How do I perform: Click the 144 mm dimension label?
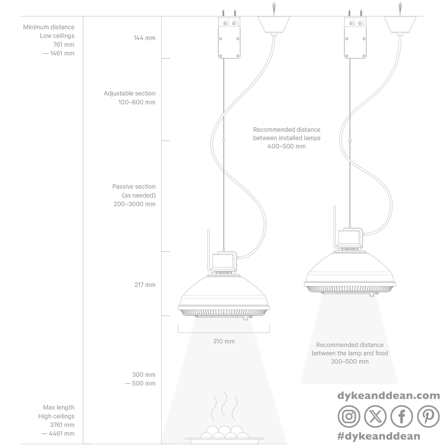click(144, 38)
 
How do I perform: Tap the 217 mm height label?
click(145, 285)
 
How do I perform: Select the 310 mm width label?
click(224, 341)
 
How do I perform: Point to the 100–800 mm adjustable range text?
click(137, 102)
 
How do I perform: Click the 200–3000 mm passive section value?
click(134, 204)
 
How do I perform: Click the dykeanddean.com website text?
click(389, 396)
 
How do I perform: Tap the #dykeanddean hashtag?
click(379, 436)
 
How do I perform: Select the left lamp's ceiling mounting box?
click(229, 37)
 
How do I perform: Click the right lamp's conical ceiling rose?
click(400, 25)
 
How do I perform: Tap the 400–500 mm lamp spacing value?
click(287, 146)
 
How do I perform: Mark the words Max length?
click(59, 408)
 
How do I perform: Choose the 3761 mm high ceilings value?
click(62, 425)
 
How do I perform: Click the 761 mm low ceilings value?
click(64, 45)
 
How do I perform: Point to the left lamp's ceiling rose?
click(274, 25)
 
